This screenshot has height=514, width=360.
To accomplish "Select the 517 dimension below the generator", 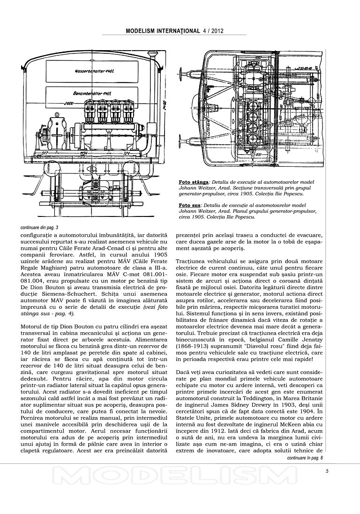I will (x=45, y=153).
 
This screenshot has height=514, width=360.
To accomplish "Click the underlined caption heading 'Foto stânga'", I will (x=194, y=181).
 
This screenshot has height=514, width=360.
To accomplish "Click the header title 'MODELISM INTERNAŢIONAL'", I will (x=163, y=31).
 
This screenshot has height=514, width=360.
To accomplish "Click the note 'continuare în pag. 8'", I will (x=305, y=457).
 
